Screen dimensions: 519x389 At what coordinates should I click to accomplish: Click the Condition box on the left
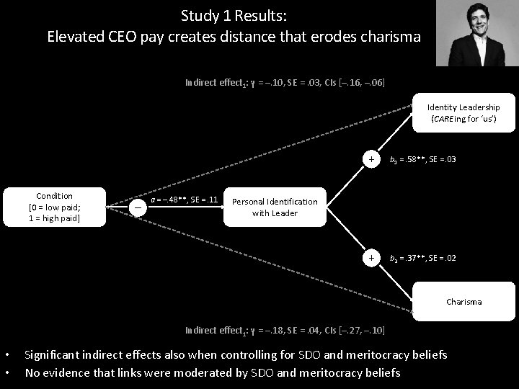(55, 207)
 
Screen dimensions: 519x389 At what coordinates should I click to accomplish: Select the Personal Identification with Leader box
(274, 207)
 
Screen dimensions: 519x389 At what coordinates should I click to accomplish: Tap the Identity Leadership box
(463, 113)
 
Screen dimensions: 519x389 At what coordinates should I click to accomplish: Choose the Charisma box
(463, 302)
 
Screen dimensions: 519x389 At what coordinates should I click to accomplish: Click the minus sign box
(138, 207)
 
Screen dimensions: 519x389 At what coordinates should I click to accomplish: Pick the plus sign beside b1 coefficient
(371, 158)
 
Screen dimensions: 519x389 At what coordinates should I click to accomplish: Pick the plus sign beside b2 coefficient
(371, 257)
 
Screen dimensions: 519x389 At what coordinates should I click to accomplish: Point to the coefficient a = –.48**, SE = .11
(183, 199)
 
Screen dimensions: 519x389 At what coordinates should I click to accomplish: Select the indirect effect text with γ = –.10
(285, 83)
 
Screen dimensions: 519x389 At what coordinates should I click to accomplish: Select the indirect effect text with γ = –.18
(285, 331)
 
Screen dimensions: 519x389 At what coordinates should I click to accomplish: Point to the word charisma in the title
(392, 36)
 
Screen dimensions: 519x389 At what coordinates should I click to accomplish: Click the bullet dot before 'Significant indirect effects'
(6, 355)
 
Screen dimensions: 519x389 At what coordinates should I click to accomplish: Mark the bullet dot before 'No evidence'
(6, 372)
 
